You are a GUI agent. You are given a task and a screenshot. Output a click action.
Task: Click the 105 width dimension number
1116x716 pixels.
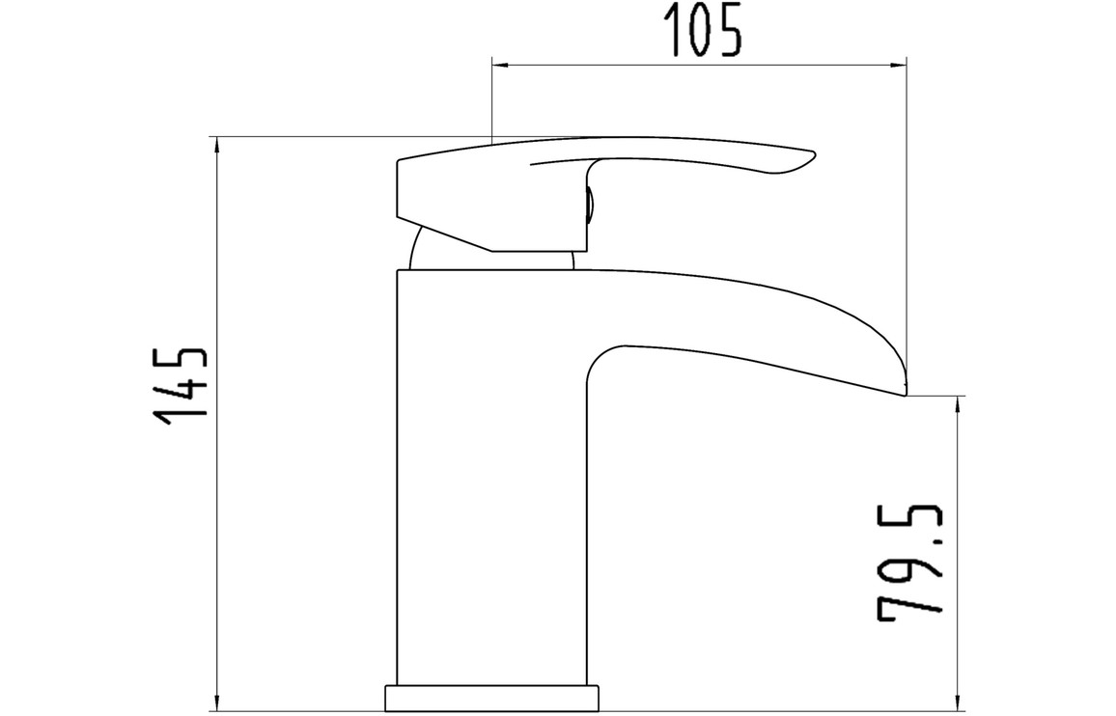(703, 29)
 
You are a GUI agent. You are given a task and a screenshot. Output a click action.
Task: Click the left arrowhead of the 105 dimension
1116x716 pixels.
(501, 67)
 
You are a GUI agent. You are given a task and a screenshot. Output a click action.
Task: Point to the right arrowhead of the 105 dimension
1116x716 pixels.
(898, 67)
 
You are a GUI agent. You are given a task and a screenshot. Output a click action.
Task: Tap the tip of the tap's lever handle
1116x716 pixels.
(814, 154)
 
